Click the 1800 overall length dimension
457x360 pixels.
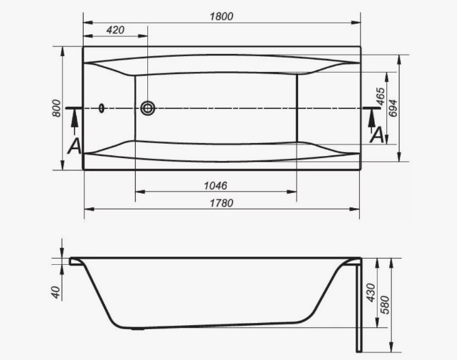[x=221, y=16]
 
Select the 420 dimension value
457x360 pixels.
[x=116, y=30]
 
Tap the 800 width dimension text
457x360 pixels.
[x=56, y=107]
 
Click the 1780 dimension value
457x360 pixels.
[x=221, y=203]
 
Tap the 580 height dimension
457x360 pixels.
[x=386, y=302]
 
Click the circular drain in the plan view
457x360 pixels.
[x=147, y=108]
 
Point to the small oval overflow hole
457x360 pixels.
[x=102, y=108]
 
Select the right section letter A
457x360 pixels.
[x=376, y=136]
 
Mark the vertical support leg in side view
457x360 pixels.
[x=357, y=308]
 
